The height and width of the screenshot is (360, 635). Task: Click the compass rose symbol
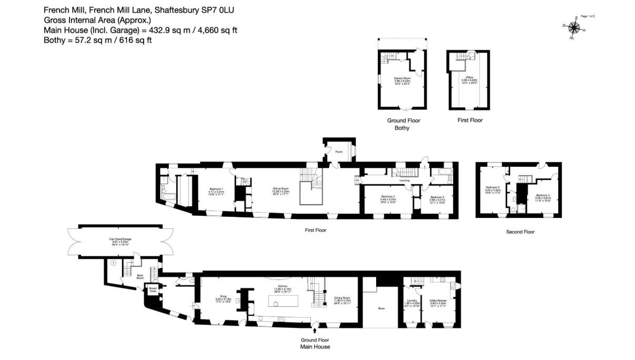(573, 27)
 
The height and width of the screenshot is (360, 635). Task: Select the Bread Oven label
(153, 289)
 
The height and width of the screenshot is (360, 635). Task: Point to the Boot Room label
(140, 276)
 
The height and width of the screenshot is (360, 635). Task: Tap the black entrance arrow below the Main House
(315, 331)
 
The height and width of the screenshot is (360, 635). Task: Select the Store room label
(381, 308)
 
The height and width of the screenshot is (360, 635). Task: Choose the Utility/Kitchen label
(438, 302)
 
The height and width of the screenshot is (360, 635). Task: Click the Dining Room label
(342, 301)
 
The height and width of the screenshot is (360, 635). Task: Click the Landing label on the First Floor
(405, 181)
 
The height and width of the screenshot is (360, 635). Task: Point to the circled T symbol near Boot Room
(113, 262)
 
